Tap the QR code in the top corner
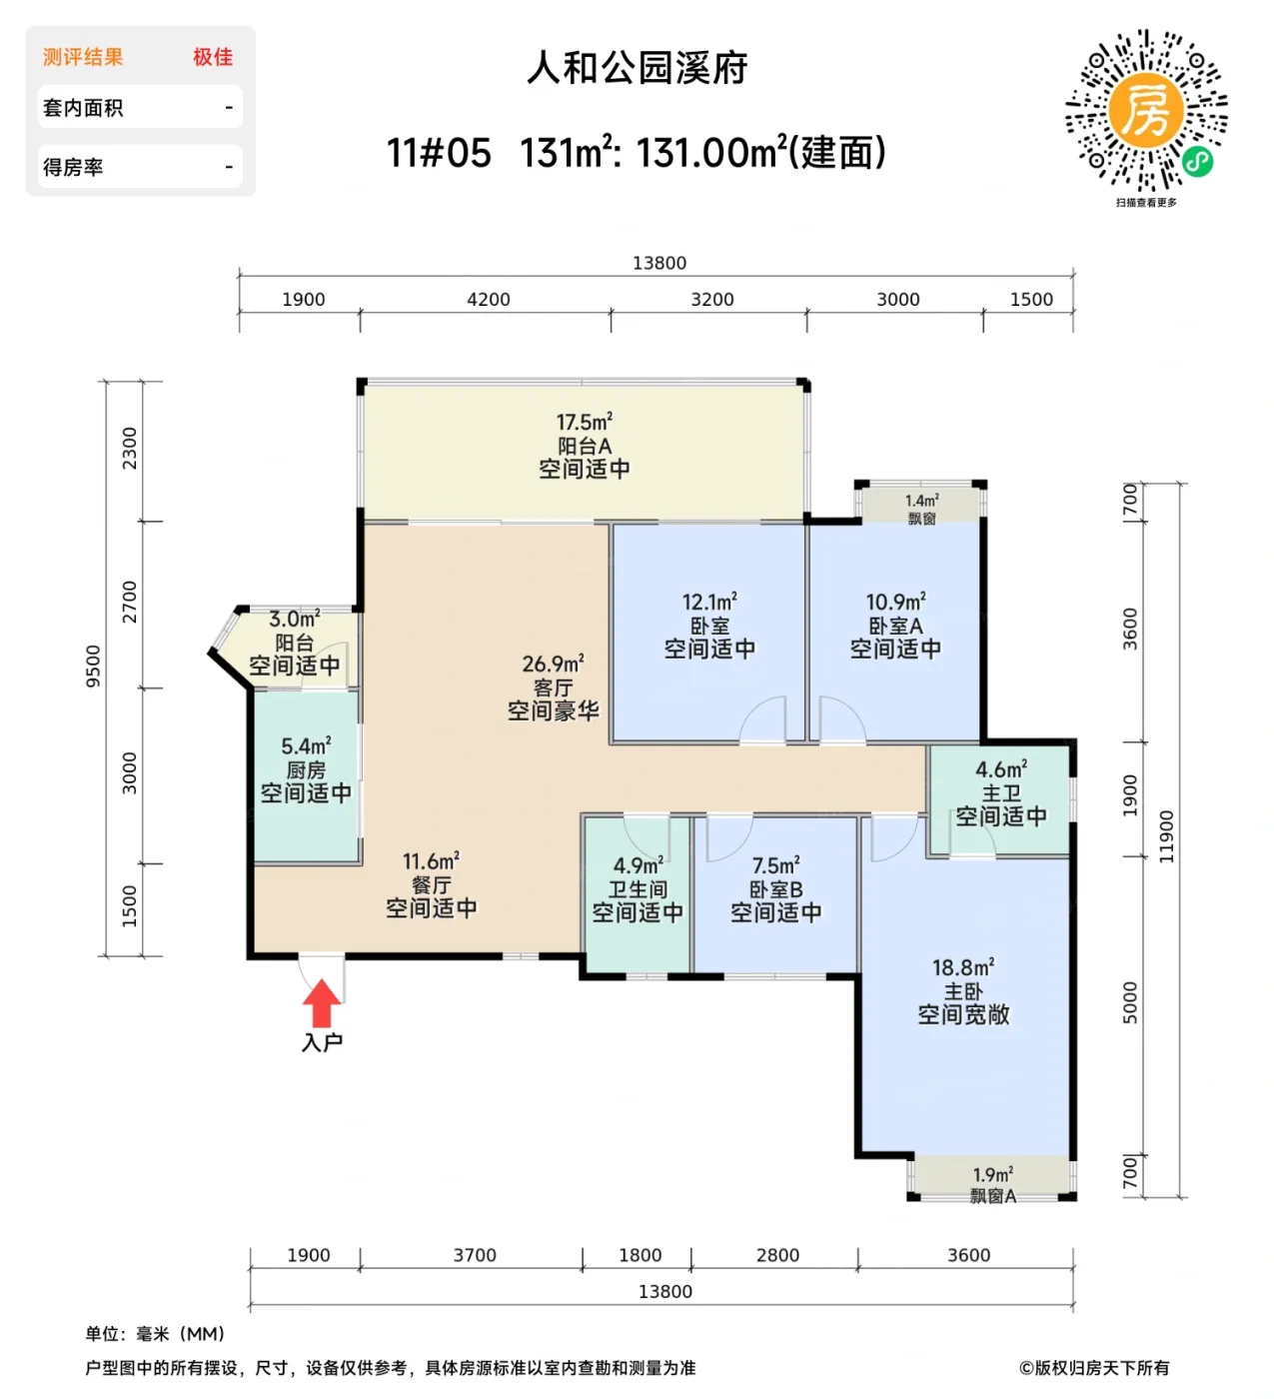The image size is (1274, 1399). (x=1146, y=111)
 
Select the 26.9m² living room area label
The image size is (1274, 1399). (x=553, y=665)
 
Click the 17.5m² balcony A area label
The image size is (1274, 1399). (x=585, y=423)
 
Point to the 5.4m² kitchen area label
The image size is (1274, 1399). (x=306, y=746)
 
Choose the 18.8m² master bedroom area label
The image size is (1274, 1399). (x=963, y=968)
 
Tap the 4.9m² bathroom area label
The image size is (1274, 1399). (x=637, y=865)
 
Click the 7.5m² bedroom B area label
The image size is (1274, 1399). (x=775, y=865)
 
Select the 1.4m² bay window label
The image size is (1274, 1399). (x=921, y=501)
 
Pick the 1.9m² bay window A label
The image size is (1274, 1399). (x=992, y=1175)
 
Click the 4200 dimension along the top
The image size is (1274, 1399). (x=488, y=300)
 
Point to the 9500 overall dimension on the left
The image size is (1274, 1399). (x=94, y=667)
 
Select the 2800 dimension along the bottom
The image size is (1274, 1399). (x=777, y=1256)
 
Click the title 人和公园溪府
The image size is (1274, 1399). (x=637, y=69)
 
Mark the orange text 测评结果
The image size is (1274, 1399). (x=83, y=58)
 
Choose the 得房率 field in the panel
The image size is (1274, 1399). (x=139, y=167)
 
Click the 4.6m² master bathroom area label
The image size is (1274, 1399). (x=1000, y=770)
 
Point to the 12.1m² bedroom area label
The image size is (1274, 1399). (x=709, y=603)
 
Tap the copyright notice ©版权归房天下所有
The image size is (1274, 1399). (x=1093, y=1368)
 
